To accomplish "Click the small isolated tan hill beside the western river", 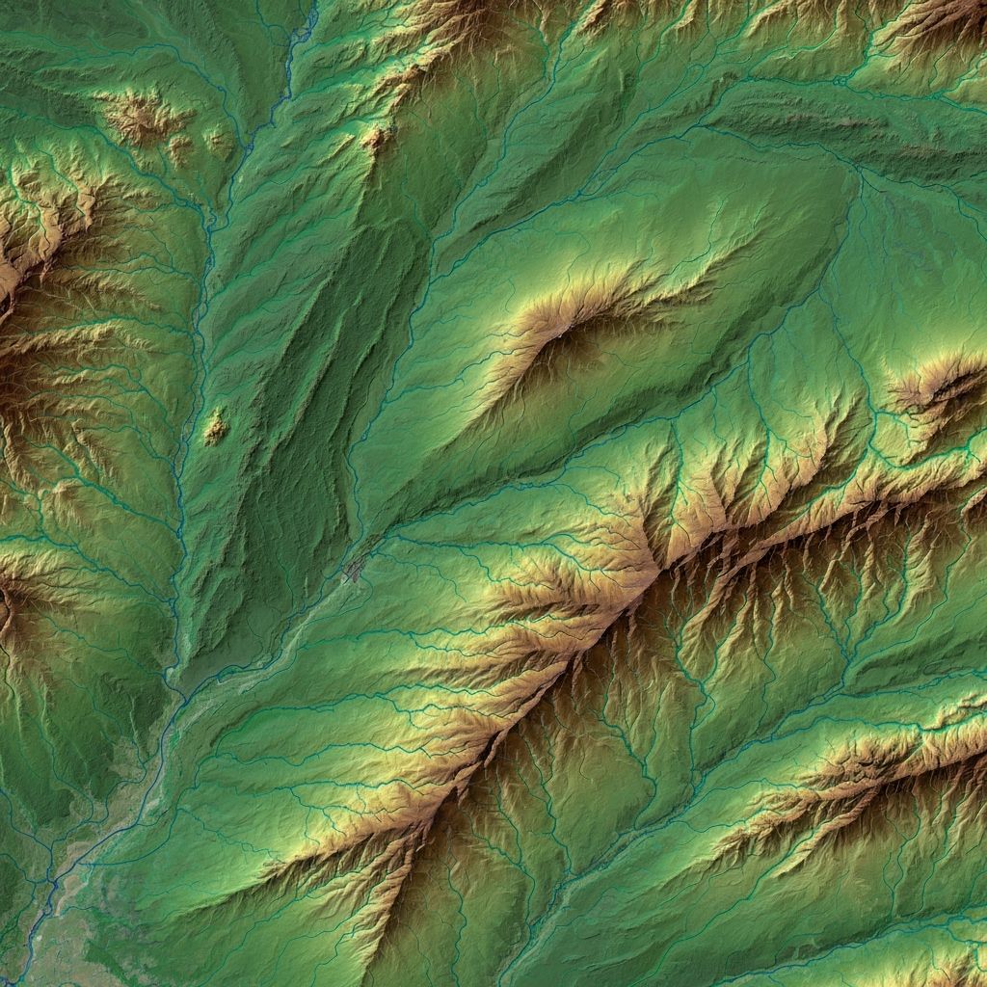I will [x=214, y=426].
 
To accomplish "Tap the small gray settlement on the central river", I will [x=355, y=573].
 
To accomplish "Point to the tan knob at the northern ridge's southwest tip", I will [x=376, y=138].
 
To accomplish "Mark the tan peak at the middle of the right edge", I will [x=940, y=386].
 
